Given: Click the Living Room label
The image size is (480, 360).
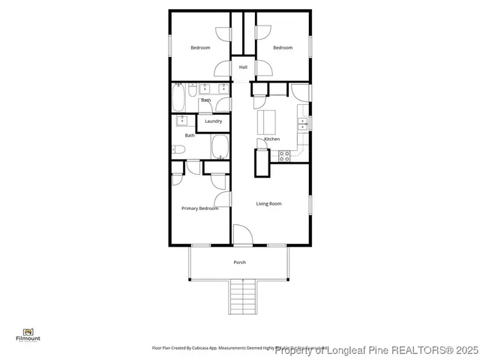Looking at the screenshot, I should (x=268, y=203).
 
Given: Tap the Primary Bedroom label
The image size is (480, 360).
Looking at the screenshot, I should (x=199, y=208).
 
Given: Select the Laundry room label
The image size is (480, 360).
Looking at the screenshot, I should (x=213, y=121).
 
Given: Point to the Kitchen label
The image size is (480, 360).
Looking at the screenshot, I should (x=271, y=139).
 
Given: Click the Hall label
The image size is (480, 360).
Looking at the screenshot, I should (x=243, y=67).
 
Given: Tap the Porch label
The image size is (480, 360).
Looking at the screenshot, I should (x=239, y=262).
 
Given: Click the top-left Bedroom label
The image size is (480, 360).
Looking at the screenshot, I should (x=200, y=48).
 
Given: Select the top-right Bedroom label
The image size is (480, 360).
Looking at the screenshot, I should (x=282, y=48).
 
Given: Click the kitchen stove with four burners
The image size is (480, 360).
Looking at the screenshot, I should (x=284, y=155).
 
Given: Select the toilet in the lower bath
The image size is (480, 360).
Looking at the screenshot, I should (x=177, y=148).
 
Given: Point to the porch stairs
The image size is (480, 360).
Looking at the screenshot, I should (x=241, y=296).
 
